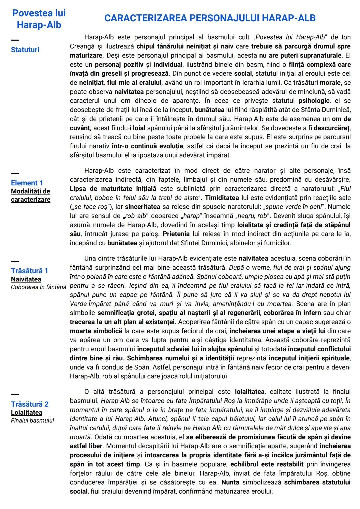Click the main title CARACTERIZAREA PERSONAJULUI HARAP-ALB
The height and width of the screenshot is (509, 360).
[x=210, y=18]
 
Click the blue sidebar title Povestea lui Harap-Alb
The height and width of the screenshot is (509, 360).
[x=39, y=19]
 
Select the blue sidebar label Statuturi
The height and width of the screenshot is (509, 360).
[x=25, y=50]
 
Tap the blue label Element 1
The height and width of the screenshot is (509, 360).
[x=27, y=183]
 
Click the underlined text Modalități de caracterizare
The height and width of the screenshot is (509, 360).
[x=31, y=195]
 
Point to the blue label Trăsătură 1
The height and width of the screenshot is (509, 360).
[x=30, y=271]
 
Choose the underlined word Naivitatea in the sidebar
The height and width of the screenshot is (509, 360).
[x=26, y=279]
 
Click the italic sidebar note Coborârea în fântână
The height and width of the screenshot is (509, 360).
[x=39, y=287]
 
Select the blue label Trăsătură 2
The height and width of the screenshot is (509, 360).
[x=30, y=404]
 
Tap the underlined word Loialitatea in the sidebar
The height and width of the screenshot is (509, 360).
[x=27, y=412]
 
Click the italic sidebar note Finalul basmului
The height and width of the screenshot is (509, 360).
[x=32, y=420]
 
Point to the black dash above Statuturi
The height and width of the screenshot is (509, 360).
[x=15, y=40]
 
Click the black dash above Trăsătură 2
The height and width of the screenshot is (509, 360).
[x=15, y=395]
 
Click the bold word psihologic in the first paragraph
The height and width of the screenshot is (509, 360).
[x=314, y=101]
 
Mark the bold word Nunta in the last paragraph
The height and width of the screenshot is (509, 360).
[x=230, y=482]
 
